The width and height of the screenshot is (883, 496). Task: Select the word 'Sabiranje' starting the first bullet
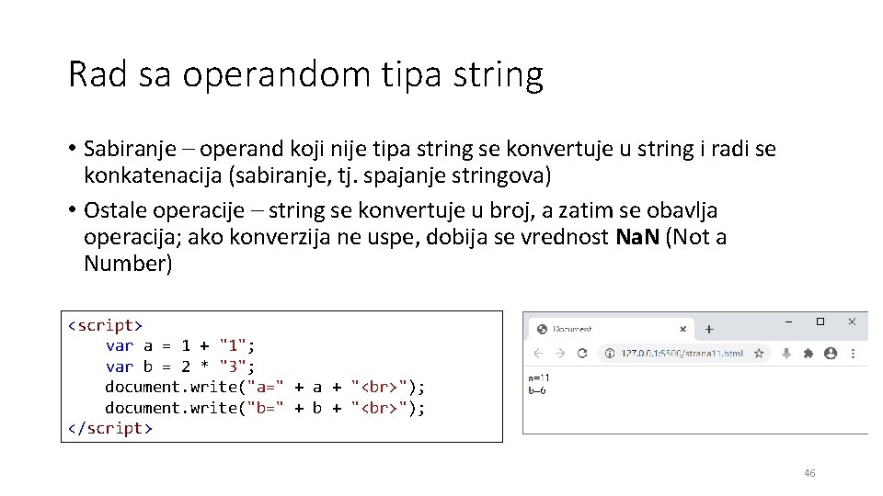click(x=123, y=148)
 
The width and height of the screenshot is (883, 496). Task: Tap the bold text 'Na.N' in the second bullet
click(x=635, y=237)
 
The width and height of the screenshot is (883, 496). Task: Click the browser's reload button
click(x=582, y=353)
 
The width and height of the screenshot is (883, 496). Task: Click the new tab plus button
click(x=709, y=328)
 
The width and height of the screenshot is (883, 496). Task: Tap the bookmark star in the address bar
click(x=759, y=353)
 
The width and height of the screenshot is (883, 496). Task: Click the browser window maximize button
click(x=820, y=321)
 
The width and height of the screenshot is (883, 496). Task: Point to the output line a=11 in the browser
click(x=538, y=377)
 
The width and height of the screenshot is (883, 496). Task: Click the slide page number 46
click(x=809, y=473)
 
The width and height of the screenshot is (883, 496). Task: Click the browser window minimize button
click(x=789, y=321)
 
